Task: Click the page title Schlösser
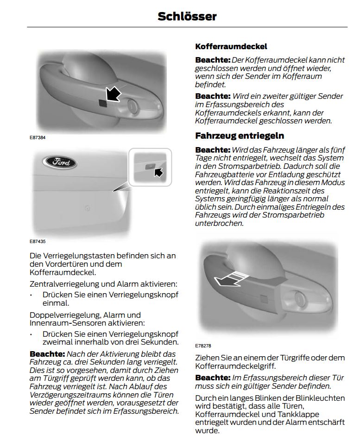click(187, 16)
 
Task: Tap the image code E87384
click(38, 137)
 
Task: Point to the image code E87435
click(38, 241)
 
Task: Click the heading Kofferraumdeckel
click(231, 47)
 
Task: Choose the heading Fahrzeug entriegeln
click(240, 136)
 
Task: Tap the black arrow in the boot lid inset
click(158, 173)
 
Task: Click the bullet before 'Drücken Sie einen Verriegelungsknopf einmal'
click(31, 295)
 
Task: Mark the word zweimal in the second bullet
click(60, 342)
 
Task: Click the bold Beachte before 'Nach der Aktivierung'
click(47, 354)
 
